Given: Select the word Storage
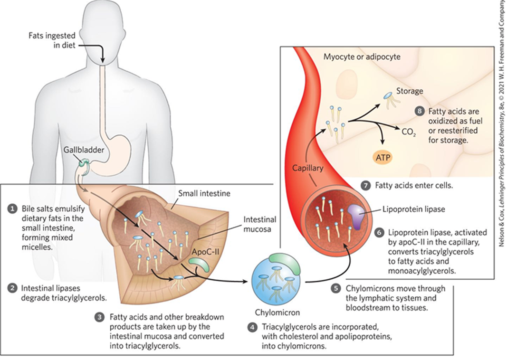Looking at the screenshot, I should tap(410, 91).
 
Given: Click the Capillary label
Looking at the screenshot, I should tap(308, 168).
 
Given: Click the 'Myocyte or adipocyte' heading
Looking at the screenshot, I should tap(362, 57).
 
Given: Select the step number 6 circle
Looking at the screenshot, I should tap(379, 233).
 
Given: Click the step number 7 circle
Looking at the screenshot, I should tap(365, 186).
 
